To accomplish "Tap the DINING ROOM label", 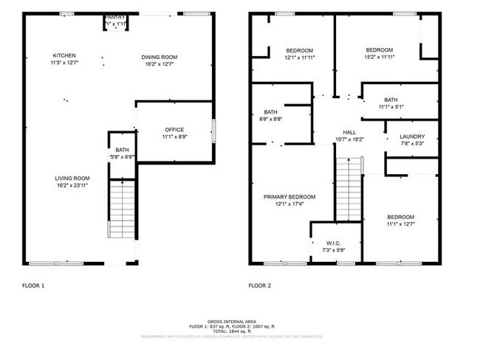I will click(x=160, y=57).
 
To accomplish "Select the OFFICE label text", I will click(x=174, y=130).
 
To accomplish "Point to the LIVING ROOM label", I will click(x=72, y=178).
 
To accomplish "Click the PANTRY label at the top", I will click(x=116, y=17).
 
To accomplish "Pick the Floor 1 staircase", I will click(x=123, y=210).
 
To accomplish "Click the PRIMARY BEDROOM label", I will click(x=290, y=197).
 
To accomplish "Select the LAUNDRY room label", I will click(x=412, y=136).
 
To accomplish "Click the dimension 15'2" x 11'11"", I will click(x=380, y=57).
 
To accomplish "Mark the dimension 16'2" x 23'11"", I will click(x=72, y=185).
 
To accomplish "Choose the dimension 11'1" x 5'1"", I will click(x=391, y=107).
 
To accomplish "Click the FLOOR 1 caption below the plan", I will click(x=34, y=285).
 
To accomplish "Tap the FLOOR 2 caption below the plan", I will click(x=261, y=285).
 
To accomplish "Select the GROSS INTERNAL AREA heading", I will click(x=232, y=322).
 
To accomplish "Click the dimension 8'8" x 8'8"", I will click(x=271, y=119).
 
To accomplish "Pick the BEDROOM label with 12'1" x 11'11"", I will click(x=300, y=50).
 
